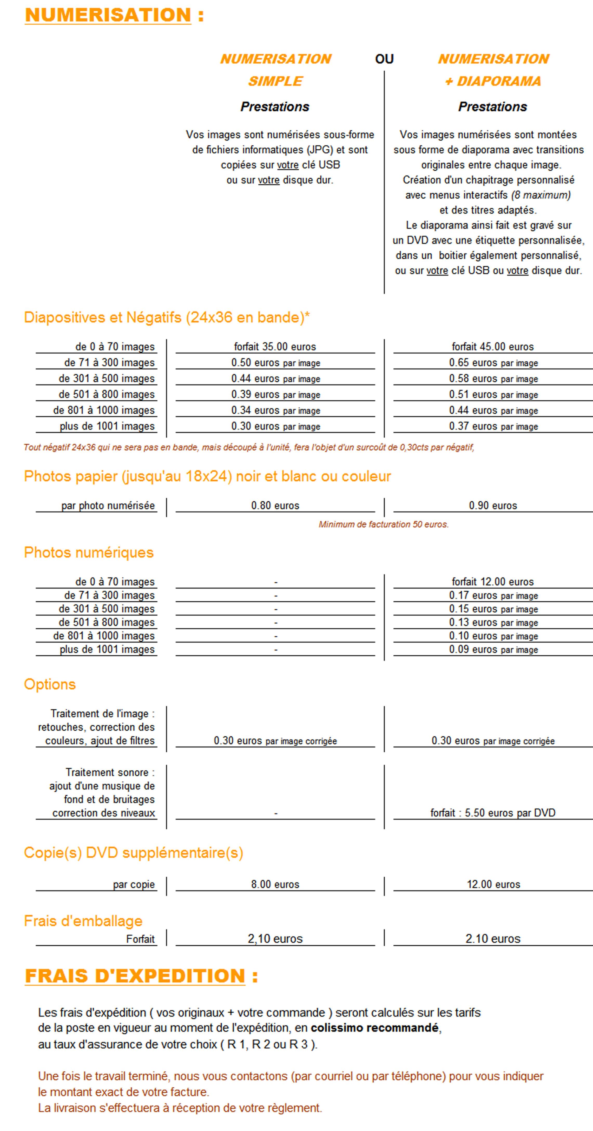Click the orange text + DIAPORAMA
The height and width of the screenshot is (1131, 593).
[493, 81]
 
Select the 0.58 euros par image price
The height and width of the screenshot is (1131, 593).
[493, 379]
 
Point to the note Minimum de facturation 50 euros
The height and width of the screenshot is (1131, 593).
[384, 524]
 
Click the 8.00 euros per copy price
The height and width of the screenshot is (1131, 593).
[275, 884]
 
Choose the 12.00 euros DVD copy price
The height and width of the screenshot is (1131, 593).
[493, 884]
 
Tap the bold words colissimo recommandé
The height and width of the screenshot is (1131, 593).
[374, 1028]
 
